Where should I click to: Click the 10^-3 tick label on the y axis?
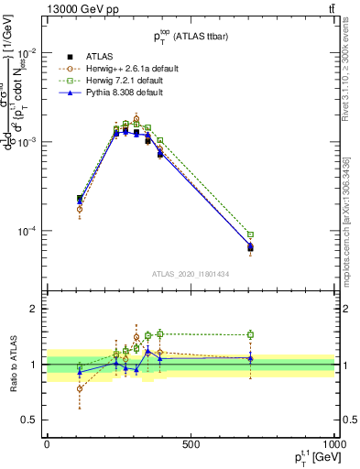click(30, 142)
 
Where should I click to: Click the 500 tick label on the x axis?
click(191, 444)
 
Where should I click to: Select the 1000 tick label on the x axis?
click(332, 444)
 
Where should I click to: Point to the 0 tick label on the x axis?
click(47, 444)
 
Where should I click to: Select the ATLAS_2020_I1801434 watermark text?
click(191, 274)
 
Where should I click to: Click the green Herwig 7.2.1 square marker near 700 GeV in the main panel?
click(250, 234)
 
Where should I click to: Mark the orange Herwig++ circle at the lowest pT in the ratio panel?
click(80, 388)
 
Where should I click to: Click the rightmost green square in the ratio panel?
click(250, 335)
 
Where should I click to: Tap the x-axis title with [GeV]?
click(311, 458)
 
